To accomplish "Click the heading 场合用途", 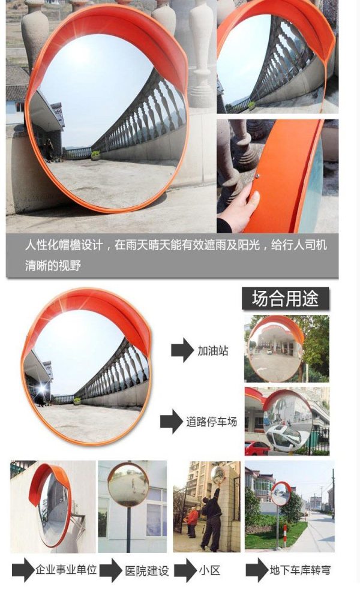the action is [x=285, y=299].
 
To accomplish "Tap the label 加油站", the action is [x=213, y=350].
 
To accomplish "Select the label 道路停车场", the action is [x=212, y=422].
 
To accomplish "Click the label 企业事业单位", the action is [x=66, y=570].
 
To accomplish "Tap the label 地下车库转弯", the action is [x=300, y=570].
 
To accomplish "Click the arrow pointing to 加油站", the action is [x=182, y=350].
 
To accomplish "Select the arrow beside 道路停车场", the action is [x=172, y=422].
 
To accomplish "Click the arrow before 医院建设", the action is [x=111, y=570].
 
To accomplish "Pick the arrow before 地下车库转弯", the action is [x=257, y=570].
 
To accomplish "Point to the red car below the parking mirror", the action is [x=256, y=448].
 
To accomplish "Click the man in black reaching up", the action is [x=211, y=515].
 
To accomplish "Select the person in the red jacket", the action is [x=192, y=522].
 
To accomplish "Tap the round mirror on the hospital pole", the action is [x=128, y=485].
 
